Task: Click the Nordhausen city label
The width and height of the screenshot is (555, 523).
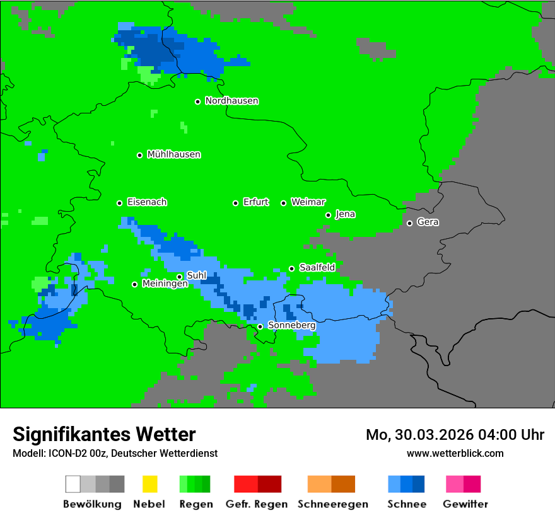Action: (x=231, y=101)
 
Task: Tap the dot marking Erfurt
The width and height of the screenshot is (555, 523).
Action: (x=235, y=203)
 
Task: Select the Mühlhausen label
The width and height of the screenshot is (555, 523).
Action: (x=173, y=154)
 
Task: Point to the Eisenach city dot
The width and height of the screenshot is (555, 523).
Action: (x=119, y=203)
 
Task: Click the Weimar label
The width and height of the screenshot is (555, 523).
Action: (x=308, y=202)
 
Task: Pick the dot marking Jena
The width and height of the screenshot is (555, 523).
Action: (x=328, y=215)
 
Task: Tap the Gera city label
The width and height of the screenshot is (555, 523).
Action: (x=428, y=222)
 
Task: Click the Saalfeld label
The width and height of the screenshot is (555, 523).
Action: (x=317, y=268)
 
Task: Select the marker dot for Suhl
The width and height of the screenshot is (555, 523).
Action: (x=179, y=277)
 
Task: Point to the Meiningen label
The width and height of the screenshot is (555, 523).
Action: (x=165, y=284)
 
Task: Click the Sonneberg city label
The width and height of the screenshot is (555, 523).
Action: (x=291, y=326)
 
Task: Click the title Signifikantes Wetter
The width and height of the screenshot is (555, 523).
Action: (x=104, y=434)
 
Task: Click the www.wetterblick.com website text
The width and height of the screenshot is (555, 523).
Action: (x=455, y=453)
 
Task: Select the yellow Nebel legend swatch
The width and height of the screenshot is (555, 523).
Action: (x=149, y=484)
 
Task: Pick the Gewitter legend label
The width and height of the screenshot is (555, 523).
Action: (x=465, y=504)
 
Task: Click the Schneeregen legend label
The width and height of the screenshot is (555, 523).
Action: (x=332, y=504)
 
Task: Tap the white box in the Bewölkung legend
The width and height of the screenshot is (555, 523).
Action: (x=73, y=484)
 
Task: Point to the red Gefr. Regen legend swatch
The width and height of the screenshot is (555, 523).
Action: (x=245, y=484)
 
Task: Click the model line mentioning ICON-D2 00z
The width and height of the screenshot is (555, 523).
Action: (x=115, y=453)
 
